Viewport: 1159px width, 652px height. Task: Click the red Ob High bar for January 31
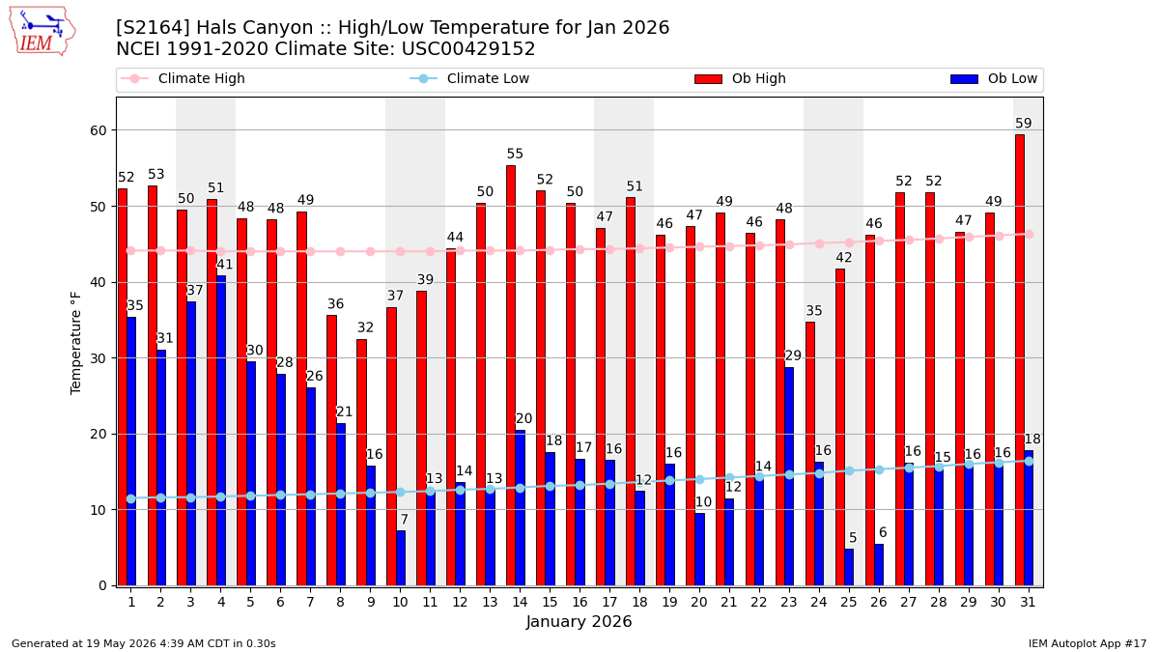click(1020, 360)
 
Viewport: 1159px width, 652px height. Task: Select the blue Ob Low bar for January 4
click(221, 431)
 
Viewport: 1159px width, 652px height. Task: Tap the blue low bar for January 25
click(849, 567)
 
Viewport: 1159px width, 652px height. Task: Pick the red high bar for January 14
click(511, 376)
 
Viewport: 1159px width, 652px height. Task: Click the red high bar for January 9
click(361, 463)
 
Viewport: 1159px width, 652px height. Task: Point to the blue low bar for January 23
click(789, 476)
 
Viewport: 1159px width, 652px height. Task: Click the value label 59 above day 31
click(1024, 124)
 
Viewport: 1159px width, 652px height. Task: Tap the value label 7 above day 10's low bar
click(404, 519)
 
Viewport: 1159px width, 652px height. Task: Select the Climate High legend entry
click(183, 78)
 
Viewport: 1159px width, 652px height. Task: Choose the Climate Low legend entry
click(469, 78)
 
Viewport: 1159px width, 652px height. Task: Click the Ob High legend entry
click(741, 78)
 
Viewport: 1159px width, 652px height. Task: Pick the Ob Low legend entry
click(994, 78)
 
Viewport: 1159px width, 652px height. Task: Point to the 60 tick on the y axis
click(99, 130)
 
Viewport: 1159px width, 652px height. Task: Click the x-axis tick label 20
click(699, 602)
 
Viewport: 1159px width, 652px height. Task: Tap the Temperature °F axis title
click(75, 344)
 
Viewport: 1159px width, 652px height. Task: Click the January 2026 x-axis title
click(579, 621)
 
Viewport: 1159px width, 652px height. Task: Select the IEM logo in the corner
click(42, 32)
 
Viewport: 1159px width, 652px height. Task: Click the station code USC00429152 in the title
click(468, 48)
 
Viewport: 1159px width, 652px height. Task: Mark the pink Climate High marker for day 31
click(1030, 235)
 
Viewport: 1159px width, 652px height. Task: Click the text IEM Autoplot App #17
click(1088, 643)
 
